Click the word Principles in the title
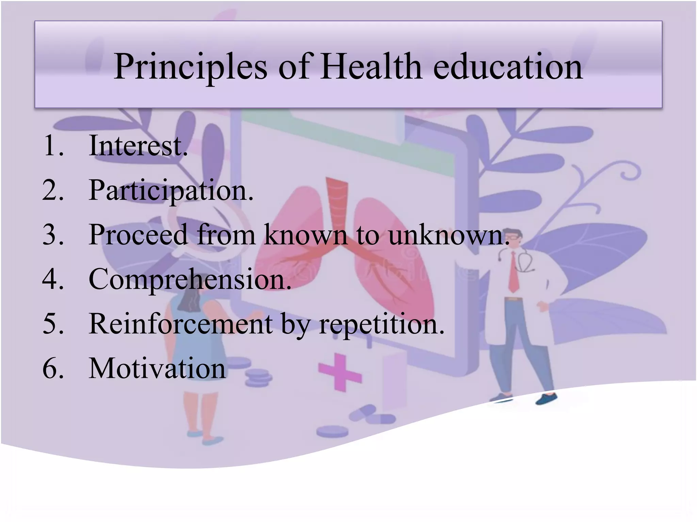click(191, 67)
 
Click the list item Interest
click(138, 146)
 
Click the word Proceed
click(138, 235)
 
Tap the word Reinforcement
click(180, 324)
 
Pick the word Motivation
click(157, 368)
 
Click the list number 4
click(53, 279)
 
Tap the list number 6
click(53, 368)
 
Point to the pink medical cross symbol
click(339, 372)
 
